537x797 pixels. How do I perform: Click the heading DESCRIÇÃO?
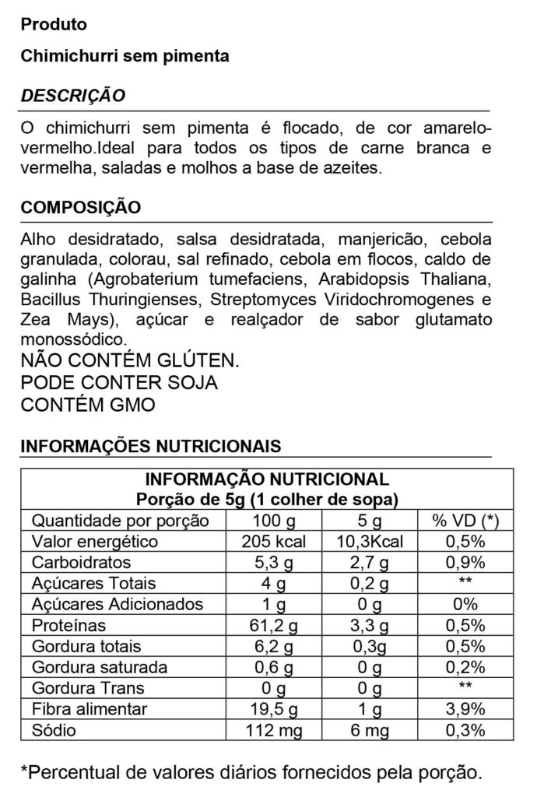[x=72, y=96]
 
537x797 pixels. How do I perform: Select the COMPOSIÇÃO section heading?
[x=81, y=208]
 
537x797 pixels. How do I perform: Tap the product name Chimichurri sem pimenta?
[x=125, y=57]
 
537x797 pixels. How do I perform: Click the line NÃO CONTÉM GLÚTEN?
[x=128, y=360]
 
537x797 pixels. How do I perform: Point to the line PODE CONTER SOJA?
[x=119, y=383]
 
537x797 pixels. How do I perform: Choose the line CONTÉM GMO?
[x=88, y=406]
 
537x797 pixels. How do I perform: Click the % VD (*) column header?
[x=465, y=521]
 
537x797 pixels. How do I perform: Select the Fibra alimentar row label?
[x=89, y=709]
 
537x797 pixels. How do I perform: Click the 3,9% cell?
[x=465, y=709]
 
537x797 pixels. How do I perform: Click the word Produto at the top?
[x=54, y=25]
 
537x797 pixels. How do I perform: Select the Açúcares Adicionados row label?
[x=117, y=605]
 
